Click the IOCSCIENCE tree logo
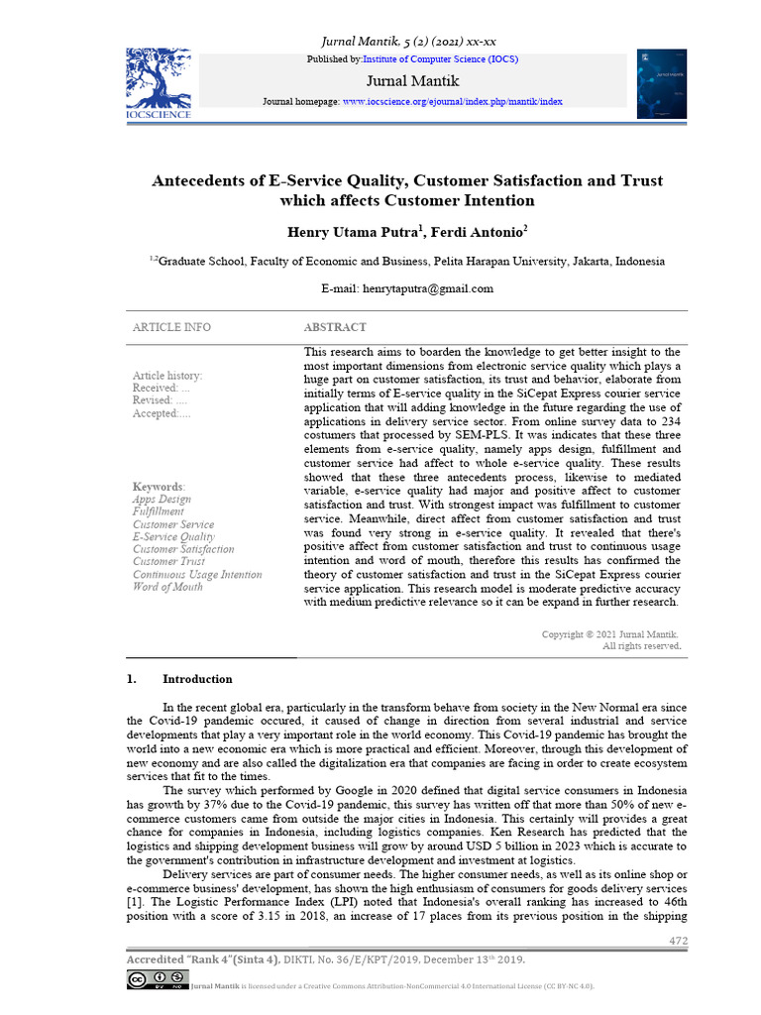tap(159, 82)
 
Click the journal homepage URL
tap(452, 101)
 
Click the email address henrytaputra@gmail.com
tap(406, 288)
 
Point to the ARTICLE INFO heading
tap(171, 327)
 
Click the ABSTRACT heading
tap(334, 327)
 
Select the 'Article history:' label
tap(167, 376)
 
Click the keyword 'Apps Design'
tap(162, 500)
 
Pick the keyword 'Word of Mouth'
tap(167, 587)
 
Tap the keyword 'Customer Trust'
tap(168, 562)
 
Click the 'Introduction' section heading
tap(196, 679)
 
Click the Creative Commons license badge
tap(155, 980)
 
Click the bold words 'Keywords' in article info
tap(158, 487)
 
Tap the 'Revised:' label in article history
tap(153, 400)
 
